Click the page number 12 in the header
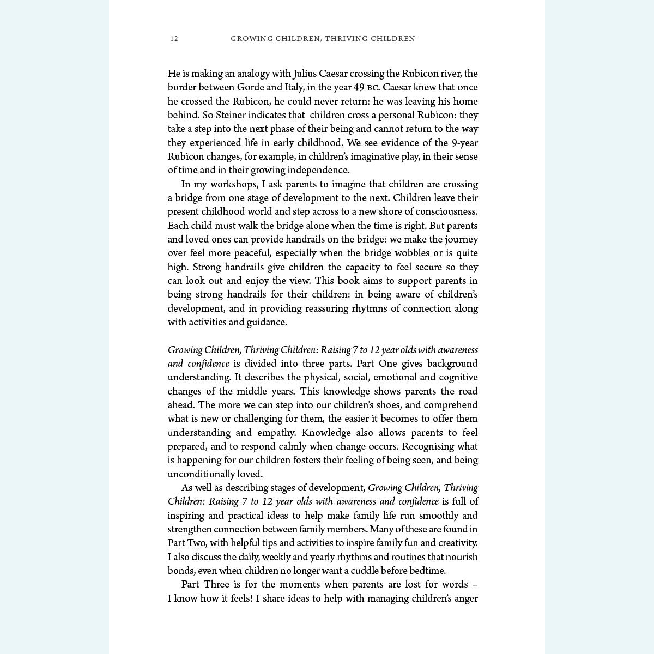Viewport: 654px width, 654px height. (174, 39)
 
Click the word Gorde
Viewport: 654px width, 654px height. (251, 87)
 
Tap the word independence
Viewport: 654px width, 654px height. (318, 170)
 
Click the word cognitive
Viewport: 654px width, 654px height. (458, 377)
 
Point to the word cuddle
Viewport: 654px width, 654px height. (362, 571)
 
